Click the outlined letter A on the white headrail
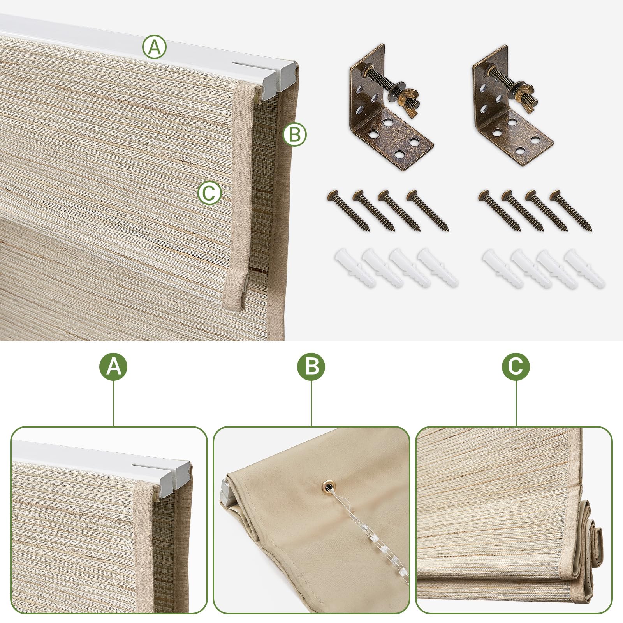154,47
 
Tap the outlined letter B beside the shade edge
295,135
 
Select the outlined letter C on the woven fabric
209,193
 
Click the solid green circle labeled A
114,367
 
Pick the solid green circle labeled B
311,367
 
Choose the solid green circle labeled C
516,367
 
